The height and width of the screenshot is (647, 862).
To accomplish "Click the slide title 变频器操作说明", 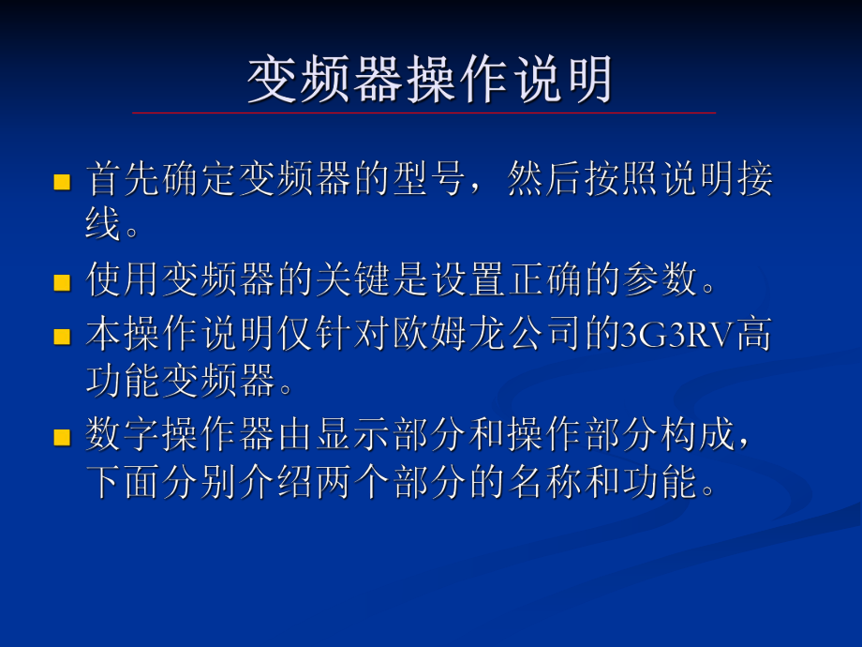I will [x=430, y=79].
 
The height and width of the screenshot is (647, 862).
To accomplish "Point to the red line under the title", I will [x=424, y=113].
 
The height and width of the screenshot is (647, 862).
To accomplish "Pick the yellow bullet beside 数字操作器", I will [x=62, y=438].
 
